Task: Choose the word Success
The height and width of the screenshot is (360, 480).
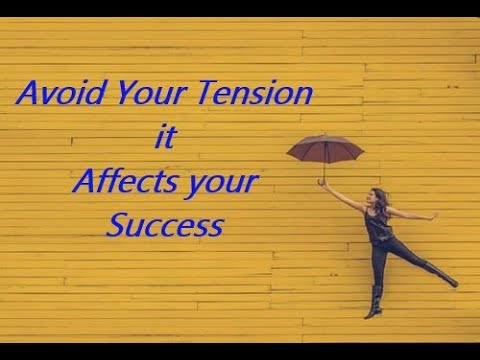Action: [x=164, y=226]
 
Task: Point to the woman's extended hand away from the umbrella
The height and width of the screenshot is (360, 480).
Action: [x=433, y=215]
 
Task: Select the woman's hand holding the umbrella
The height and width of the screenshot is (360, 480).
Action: [x=322, y=183]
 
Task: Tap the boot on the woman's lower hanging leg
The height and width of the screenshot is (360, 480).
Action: [x=374, y=300]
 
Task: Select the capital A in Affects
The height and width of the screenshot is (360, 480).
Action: [x=85, y=183]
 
